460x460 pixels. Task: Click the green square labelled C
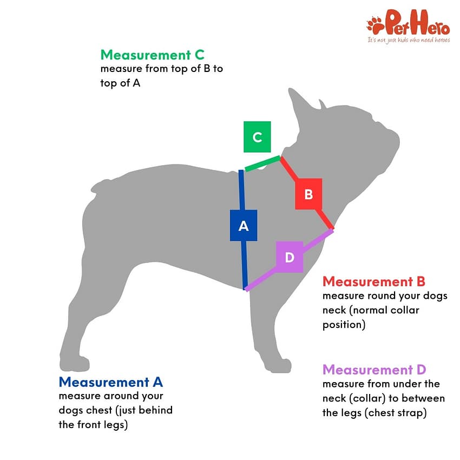click(x=257, y=137)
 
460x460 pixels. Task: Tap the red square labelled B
click(x=308, y=194)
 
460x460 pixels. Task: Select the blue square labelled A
click(x=244, y=225)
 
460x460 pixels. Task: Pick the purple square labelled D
click(x=290, y=257)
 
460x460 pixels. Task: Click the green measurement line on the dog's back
click(x=262, y=163)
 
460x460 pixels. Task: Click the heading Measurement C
click(x=152, y=55)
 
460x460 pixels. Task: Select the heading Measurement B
click(x=374, y=281)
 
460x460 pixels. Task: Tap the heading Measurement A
click(x=110, y=382)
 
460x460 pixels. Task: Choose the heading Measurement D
click(x=374, y=370)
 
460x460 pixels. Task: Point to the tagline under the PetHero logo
click(x=409, y=40)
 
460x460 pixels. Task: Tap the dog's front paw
click(x=277, y=365)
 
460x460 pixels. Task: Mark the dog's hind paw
click(x=74, y=363)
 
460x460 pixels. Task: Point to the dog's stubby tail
click(x=101, y=186)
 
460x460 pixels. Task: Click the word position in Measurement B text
click(x=344, y=325)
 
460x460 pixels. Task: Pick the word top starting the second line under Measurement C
click(x=109, y=83)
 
